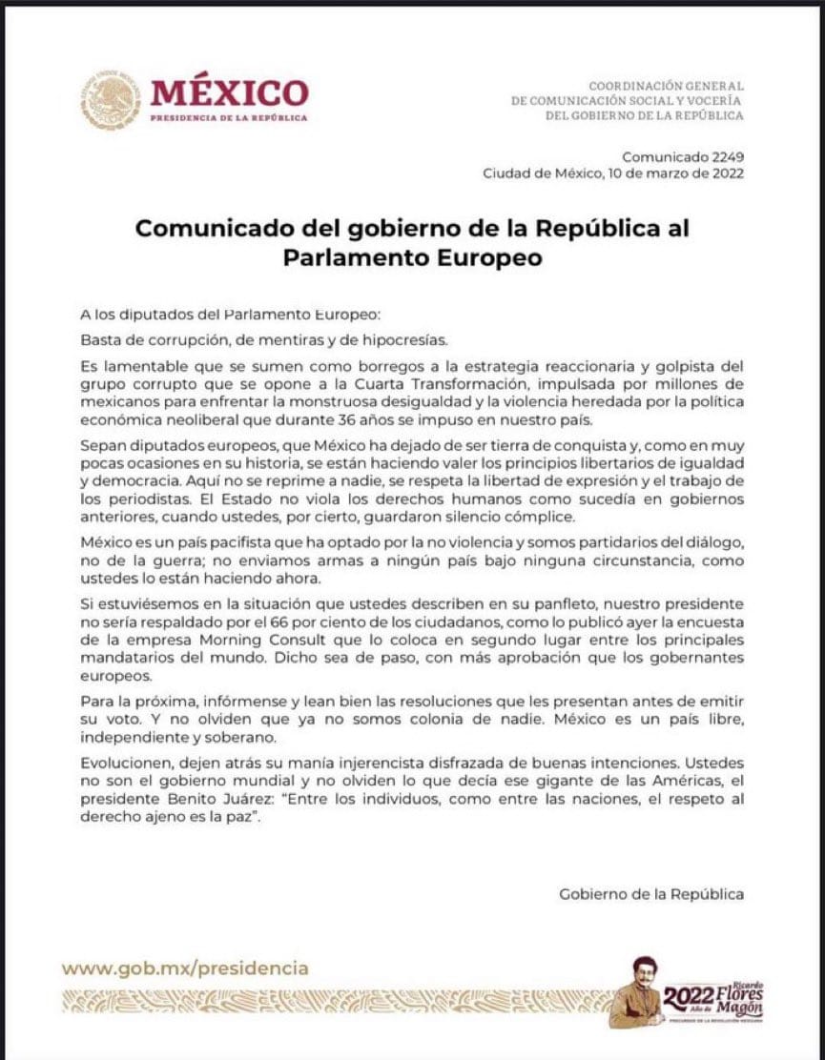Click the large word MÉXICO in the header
click(229, 93)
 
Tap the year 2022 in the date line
click(726, 173)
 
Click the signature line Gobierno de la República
click(650, 894)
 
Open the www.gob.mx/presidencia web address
click(185, 968)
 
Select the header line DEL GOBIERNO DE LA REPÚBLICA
click(644, 115)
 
